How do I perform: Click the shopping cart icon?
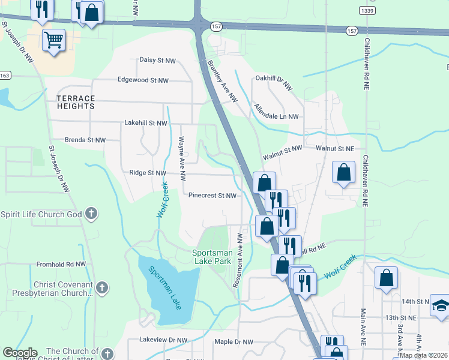[53, 40]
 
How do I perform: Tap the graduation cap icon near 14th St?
[439, 305]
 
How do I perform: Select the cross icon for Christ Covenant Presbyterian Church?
[102, 287]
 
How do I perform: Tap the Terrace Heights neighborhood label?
[76, 102]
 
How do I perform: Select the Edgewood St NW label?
[143, 80]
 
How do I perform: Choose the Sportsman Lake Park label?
[211, 257]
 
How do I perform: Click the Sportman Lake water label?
[165, 289]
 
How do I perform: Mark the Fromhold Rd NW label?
[61, 263]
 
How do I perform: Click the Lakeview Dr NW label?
[163, 340]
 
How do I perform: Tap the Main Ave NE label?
[363, 328]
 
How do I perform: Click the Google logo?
[20, 352]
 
